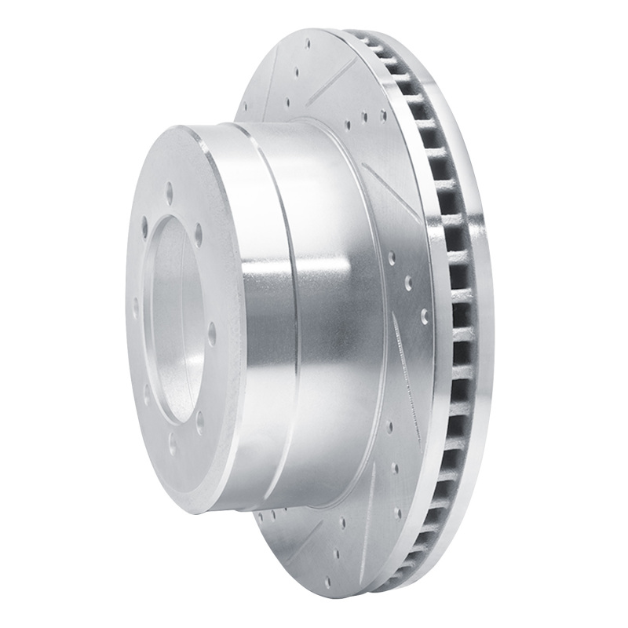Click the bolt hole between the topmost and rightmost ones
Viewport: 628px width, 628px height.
199,233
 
